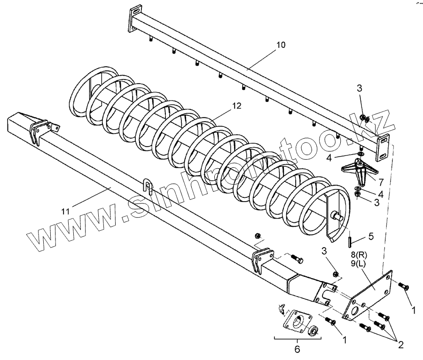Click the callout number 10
click(280, 45)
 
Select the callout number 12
click(236, 106)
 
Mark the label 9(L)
click(359, 265)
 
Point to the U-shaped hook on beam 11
click(147, 188)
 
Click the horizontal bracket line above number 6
click(297, 338)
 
